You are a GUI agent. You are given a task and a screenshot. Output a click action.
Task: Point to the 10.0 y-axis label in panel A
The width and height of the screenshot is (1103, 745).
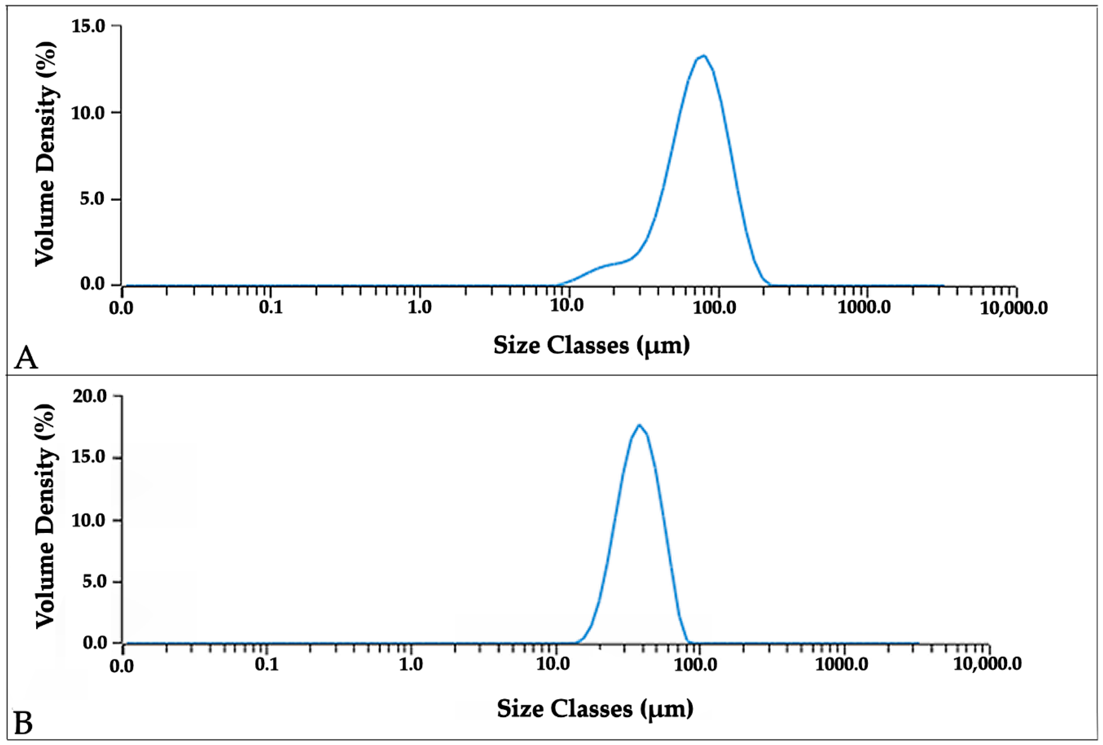[x=89, y=113]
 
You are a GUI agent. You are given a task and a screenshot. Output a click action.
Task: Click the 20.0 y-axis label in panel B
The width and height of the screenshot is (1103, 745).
[x=89, y=396]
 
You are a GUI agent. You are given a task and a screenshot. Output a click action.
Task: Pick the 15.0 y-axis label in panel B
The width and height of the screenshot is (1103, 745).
[x=89, y=458]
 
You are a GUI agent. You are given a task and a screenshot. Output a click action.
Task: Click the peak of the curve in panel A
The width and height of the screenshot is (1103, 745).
[x=703, y=56]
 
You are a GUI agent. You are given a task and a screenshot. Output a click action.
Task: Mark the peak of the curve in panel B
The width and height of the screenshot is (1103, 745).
[x=639, y=425]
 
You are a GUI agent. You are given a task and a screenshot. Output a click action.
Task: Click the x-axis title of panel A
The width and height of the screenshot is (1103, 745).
[x=592, y=345]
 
